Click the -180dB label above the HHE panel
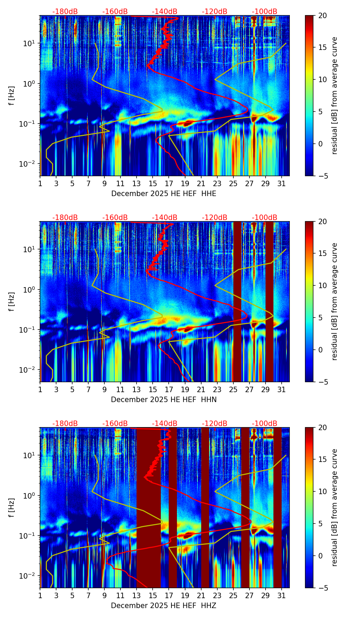(x=65, y=12)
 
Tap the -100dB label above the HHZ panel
(x=265, y=424)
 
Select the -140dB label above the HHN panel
(x=165, y=218)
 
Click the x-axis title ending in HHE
(x=164, y=194)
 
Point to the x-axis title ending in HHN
(x=164, y=400)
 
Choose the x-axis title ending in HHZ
(x=164, y=606)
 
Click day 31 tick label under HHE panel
(x=282, y=183)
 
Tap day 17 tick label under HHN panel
(x=169, y=389)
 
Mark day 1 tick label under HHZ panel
(x=40, y=595)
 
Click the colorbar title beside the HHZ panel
(x=334, y=507)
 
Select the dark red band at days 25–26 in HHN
(x=237, y=301)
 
